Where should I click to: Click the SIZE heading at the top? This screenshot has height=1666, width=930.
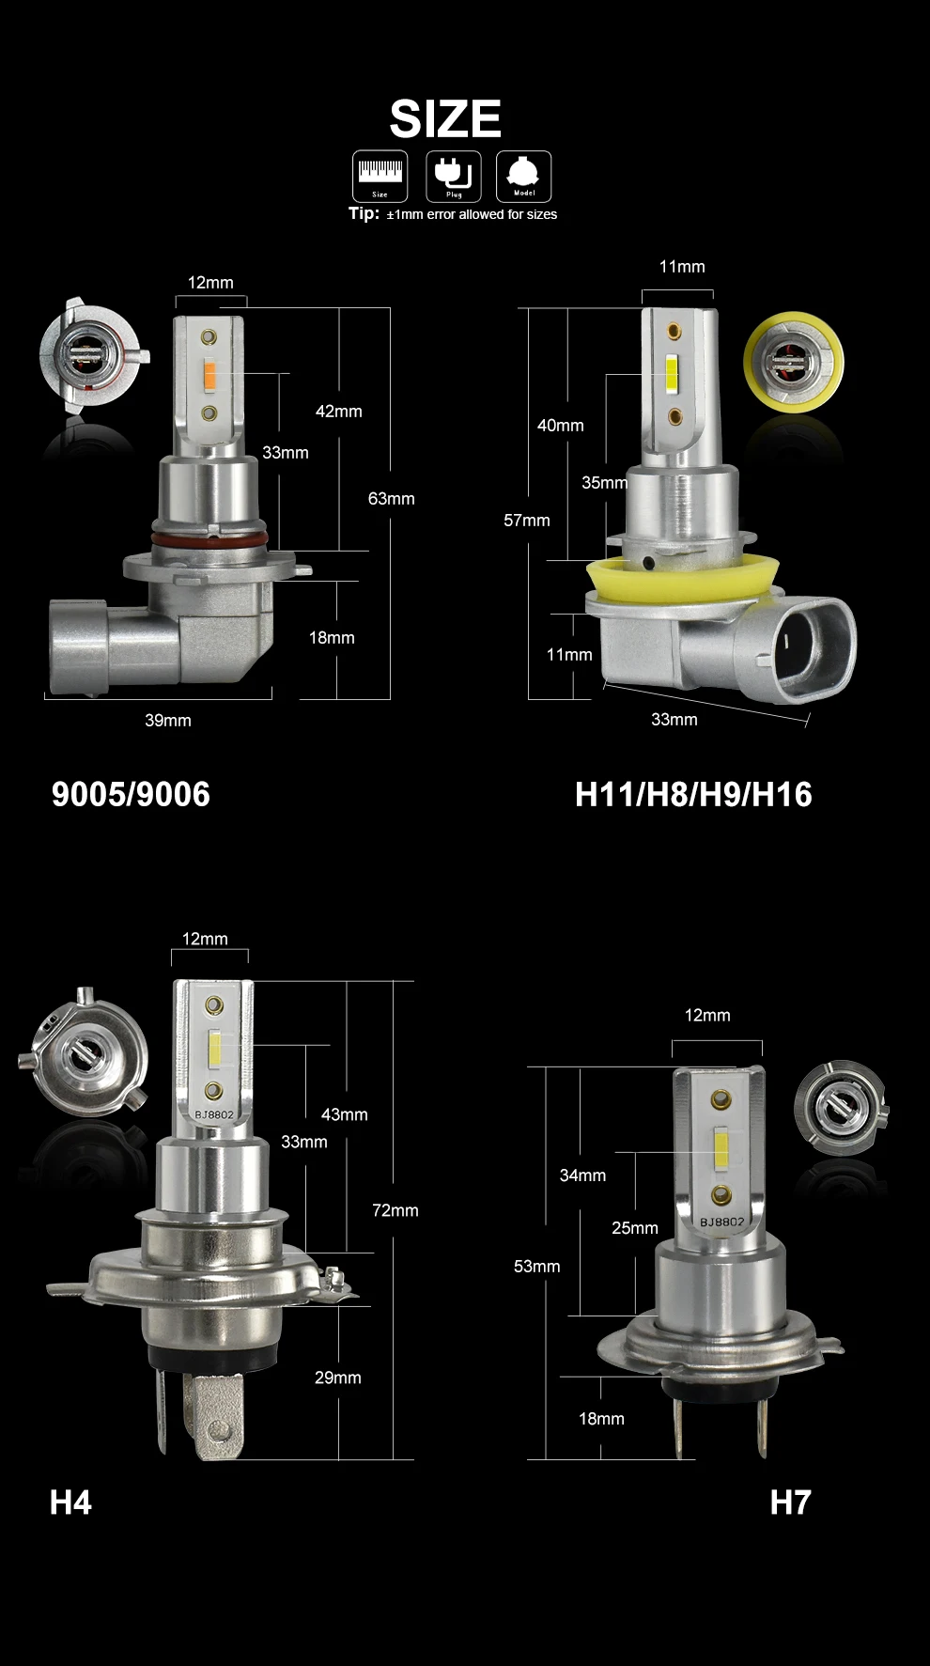[445, 119]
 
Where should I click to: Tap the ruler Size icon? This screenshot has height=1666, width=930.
[380, 176]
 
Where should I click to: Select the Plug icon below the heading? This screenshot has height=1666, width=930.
[454, 176]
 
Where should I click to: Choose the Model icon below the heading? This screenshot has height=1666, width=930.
[524, 176]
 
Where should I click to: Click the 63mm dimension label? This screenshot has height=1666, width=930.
[391, 499]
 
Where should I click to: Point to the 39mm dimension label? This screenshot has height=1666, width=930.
[168, 721]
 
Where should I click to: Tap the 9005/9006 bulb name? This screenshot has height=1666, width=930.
[131, 794]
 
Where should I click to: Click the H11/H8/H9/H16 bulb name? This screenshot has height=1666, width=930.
[693, 794]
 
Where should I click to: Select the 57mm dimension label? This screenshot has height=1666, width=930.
[527, 521]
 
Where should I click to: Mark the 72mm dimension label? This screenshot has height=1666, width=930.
[395, 1210]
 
